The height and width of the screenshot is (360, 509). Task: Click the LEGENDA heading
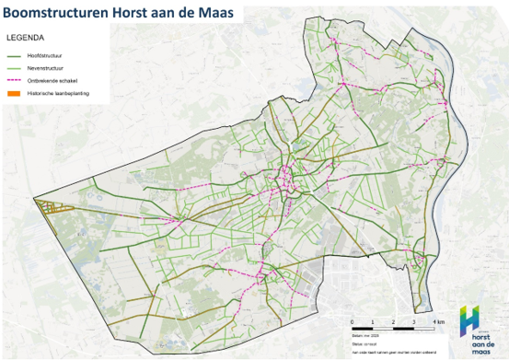pos(25,39)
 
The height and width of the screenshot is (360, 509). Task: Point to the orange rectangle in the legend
pos(17,93)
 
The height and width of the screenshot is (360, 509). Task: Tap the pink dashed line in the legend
pos(17,80)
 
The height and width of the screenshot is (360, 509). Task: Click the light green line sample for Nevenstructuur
pos(17,68)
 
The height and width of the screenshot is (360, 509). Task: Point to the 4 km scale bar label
pos(440,320)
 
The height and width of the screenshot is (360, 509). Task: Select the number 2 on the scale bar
pos(394,320)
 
